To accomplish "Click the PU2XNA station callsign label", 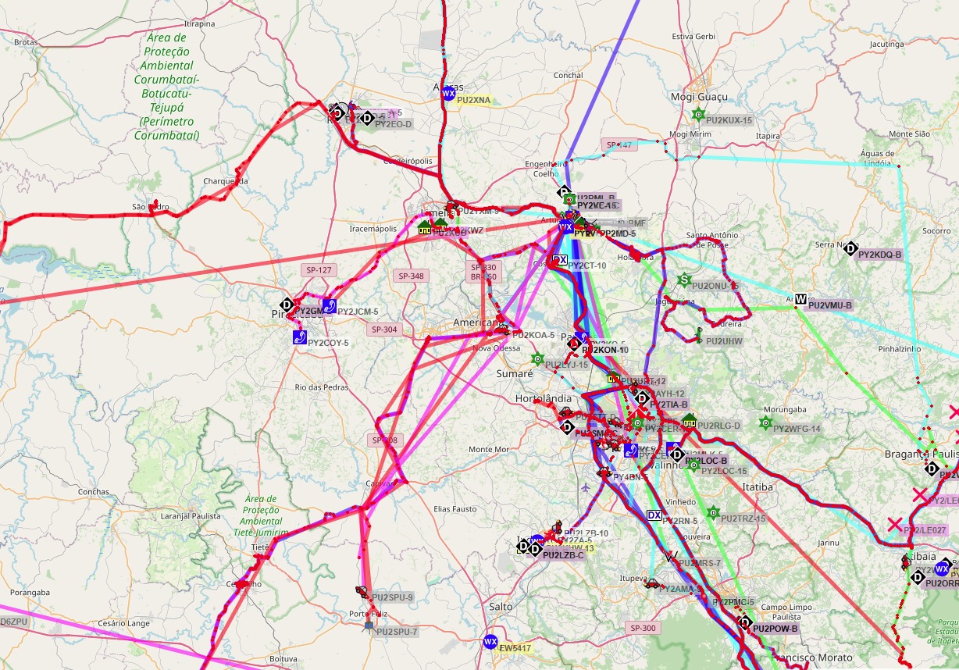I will coord(474,100).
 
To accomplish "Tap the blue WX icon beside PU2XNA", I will coord(448,94).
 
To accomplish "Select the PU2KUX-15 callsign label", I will coord(729,120).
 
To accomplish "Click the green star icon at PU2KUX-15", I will coord(698,115).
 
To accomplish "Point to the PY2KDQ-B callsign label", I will coord(879,255).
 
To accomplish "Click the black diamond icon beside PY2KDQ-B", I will coord(850,248).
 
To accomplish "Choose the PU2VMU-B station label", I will coord(829,305).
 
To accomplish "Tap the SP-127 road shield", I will coord(316,270).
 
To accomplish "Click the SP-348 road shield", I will coord(411,276).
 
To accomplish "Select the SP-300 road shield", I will coord(643,628).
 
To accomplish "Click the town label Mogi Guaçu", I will coord(698,97).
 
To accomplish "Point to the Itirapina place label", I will coord(198,24).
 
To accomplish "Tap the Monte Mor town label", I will coord(489,450).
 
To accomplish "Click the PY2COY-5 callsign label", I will coord(328,343).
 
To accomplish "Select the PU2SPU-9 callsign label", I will coord(393,597).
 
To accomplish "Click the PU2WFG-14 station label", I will coord(797,429).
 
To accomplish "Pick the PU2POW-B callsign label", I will coord(776,629).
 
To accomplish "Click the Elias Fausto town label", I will coord(455,509).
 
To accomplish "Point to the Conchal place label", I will coord(568,76).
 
